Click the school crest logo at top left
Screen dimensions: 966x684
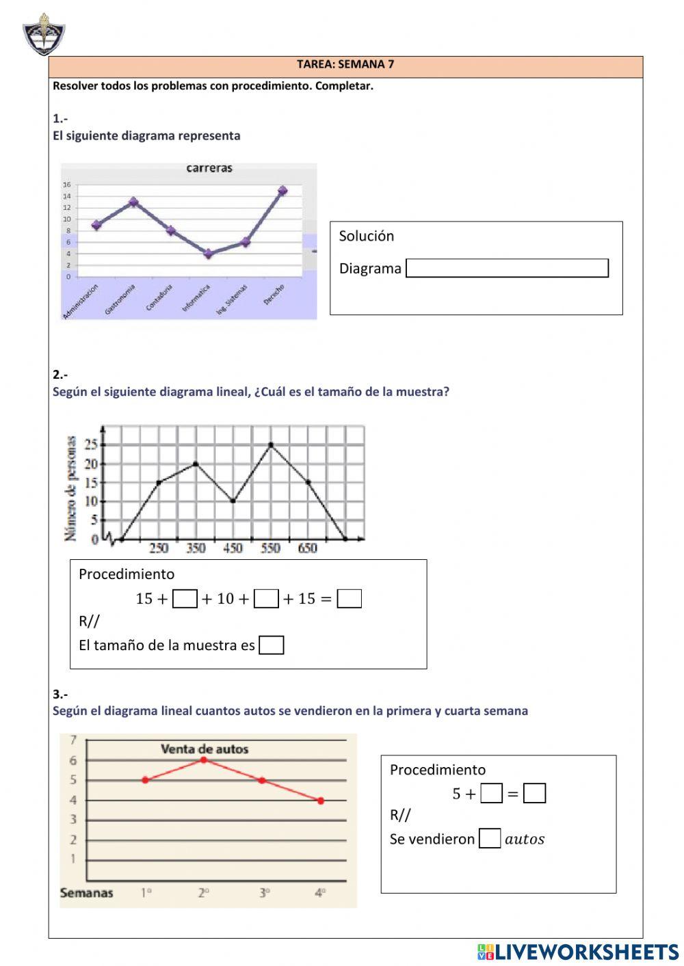pos(44,34)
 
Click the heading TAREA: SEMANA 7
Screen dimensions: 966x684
pos(345,64)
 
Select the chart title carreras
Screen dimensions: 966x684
pos(209,168)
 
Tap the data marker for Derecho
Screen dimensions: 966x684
pos(282,191)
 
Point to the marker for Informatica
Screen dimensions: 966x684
pos(209,254)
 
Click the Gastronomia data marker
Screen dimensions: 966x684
pos(134,202)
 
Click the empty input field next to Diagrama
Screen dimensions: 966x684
pos(507,268)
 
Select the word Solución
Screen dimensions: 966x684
pos(367,236)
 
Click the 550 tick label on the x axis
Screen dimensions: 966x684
pos(270,548)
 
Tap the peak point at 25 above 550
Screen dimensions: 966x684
pos(271,445)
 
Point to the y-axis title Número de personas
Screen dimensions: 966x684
pos(71,488)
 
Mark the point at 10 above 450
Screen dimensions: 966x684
pos(233,501)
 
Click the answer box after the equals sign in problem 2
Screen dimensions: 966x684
pos(350,599)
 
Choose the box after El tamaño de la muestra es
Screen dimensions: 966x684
pos(272,645)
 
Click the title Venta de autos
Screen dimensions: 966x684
pos(205,749)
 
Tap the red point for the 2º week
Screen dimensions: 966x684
pos(204,760)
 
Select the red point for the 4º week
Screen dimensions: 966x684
pos(321,801)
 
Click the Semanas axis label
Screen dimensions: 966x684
pos(87,893)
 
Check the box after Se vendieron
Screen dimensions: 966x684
pos(490,839)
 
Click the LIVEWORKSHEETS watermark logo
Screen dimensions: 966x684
pos(578,951)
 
